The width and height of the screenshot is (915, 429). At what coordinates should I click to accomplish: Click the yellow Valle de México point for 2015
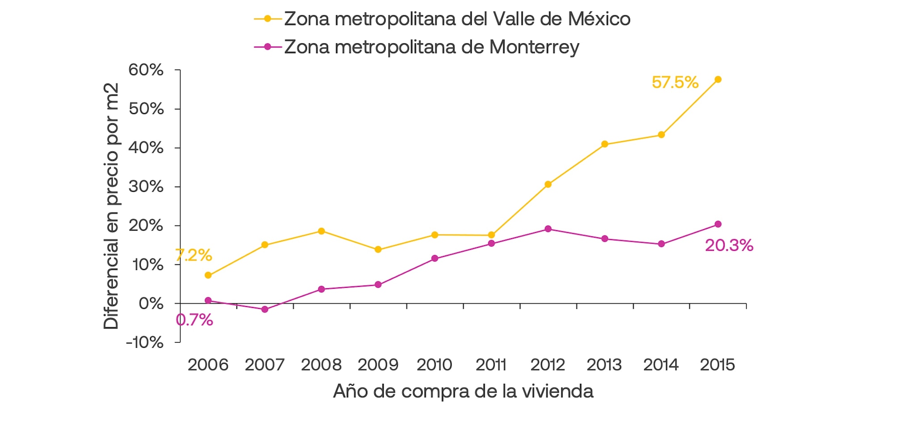click(718, 80)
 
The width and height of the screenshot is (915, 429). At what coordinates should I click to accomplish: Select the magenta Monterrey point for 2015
click(718, 224)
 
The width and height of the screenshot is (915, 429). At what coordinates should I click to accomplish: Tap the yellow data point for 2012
click(548, 184)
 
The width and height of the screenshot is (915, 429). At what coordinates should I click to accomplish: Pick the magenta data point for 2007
click(264, 309)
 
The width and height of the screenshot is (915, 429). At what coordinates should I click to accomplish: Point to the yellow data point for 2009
click(378, 250)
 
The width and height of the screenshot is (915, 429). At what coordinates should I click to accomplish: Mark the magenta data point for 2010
click(435, 258)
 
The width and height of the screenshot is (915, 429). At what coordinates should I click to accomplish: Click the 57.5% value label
click(675, 82)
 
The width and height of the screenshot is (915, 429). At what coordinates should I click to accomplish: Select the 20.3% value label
click(729, 245)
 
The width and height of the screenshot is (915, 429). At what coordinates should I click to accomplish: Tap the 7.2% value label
click(194, 255)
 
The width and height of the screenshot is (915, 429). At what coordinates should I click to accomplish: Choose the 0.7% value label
click(194, 320)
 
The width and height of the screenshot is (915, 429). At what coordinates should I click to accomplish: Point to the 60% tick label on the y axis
click(146, 70)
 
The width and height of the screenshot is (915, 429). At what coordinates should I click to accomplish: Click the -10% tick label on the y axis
click(145, 342)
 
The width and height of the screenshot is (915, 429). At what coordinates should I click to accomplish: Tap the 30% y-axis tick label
click(146, 187)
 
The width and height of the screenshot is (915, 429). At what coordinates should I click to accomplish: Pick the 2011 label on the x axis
click(491, 365)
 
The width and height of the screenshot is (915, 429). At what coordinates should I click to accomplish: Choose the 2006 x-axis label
click(208, 365)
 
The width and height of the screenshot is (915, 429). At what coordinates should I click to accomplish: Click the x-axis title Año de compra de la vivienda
click(463, 391)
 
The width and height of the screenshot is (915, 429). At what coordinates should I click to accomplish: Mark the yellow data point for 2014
click(661, 135)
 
